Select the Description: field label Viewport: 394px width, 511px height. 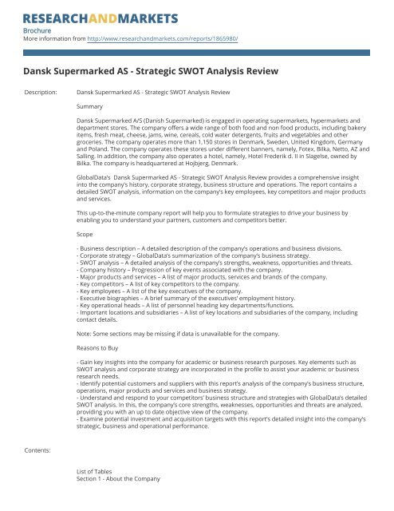(44, 93)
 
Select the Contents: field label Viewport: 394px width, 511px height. (41, 450)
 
